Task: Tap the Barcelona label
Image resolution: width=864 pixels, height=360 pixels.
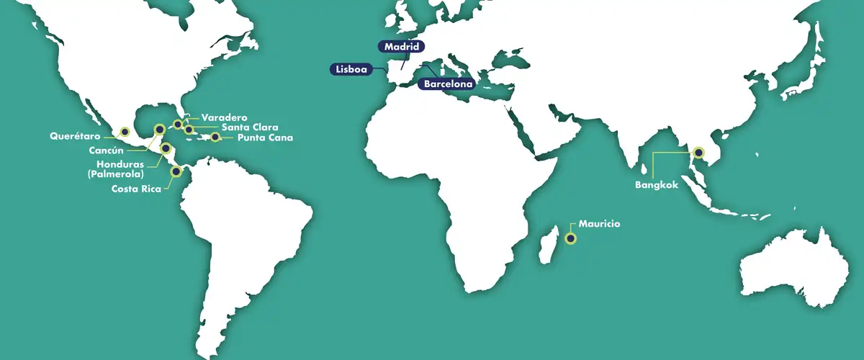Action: pos(447,84)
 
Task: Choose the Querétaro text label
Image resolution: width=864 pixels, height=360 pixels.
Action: pos(76,135)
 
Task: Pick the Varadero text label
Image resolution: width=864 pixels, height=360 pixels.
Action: pos(225,117)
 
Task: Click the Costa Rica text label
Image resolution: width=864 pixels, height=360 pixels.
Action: pos(136,189)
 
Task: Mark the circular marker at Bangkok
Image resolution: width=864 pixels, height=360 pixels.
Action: pos(698,153)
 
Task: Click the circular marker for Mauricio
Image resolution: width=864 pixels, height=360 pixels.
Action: pos(571,238)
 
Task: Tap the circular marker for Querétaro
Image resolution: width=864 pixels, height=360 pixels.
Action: pos(125,132)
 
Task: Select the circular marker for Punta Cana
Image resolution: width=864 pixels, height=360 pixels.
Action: pos(215,137)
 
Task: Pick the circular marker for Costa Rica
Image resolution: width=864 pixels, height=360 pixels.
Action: pos(175,171)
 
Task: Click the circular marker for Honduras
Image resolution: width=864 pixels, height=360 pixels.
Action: pos(166,149)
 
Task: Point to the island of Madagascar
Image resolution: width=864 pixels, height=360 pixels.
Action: pos(549,246)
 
